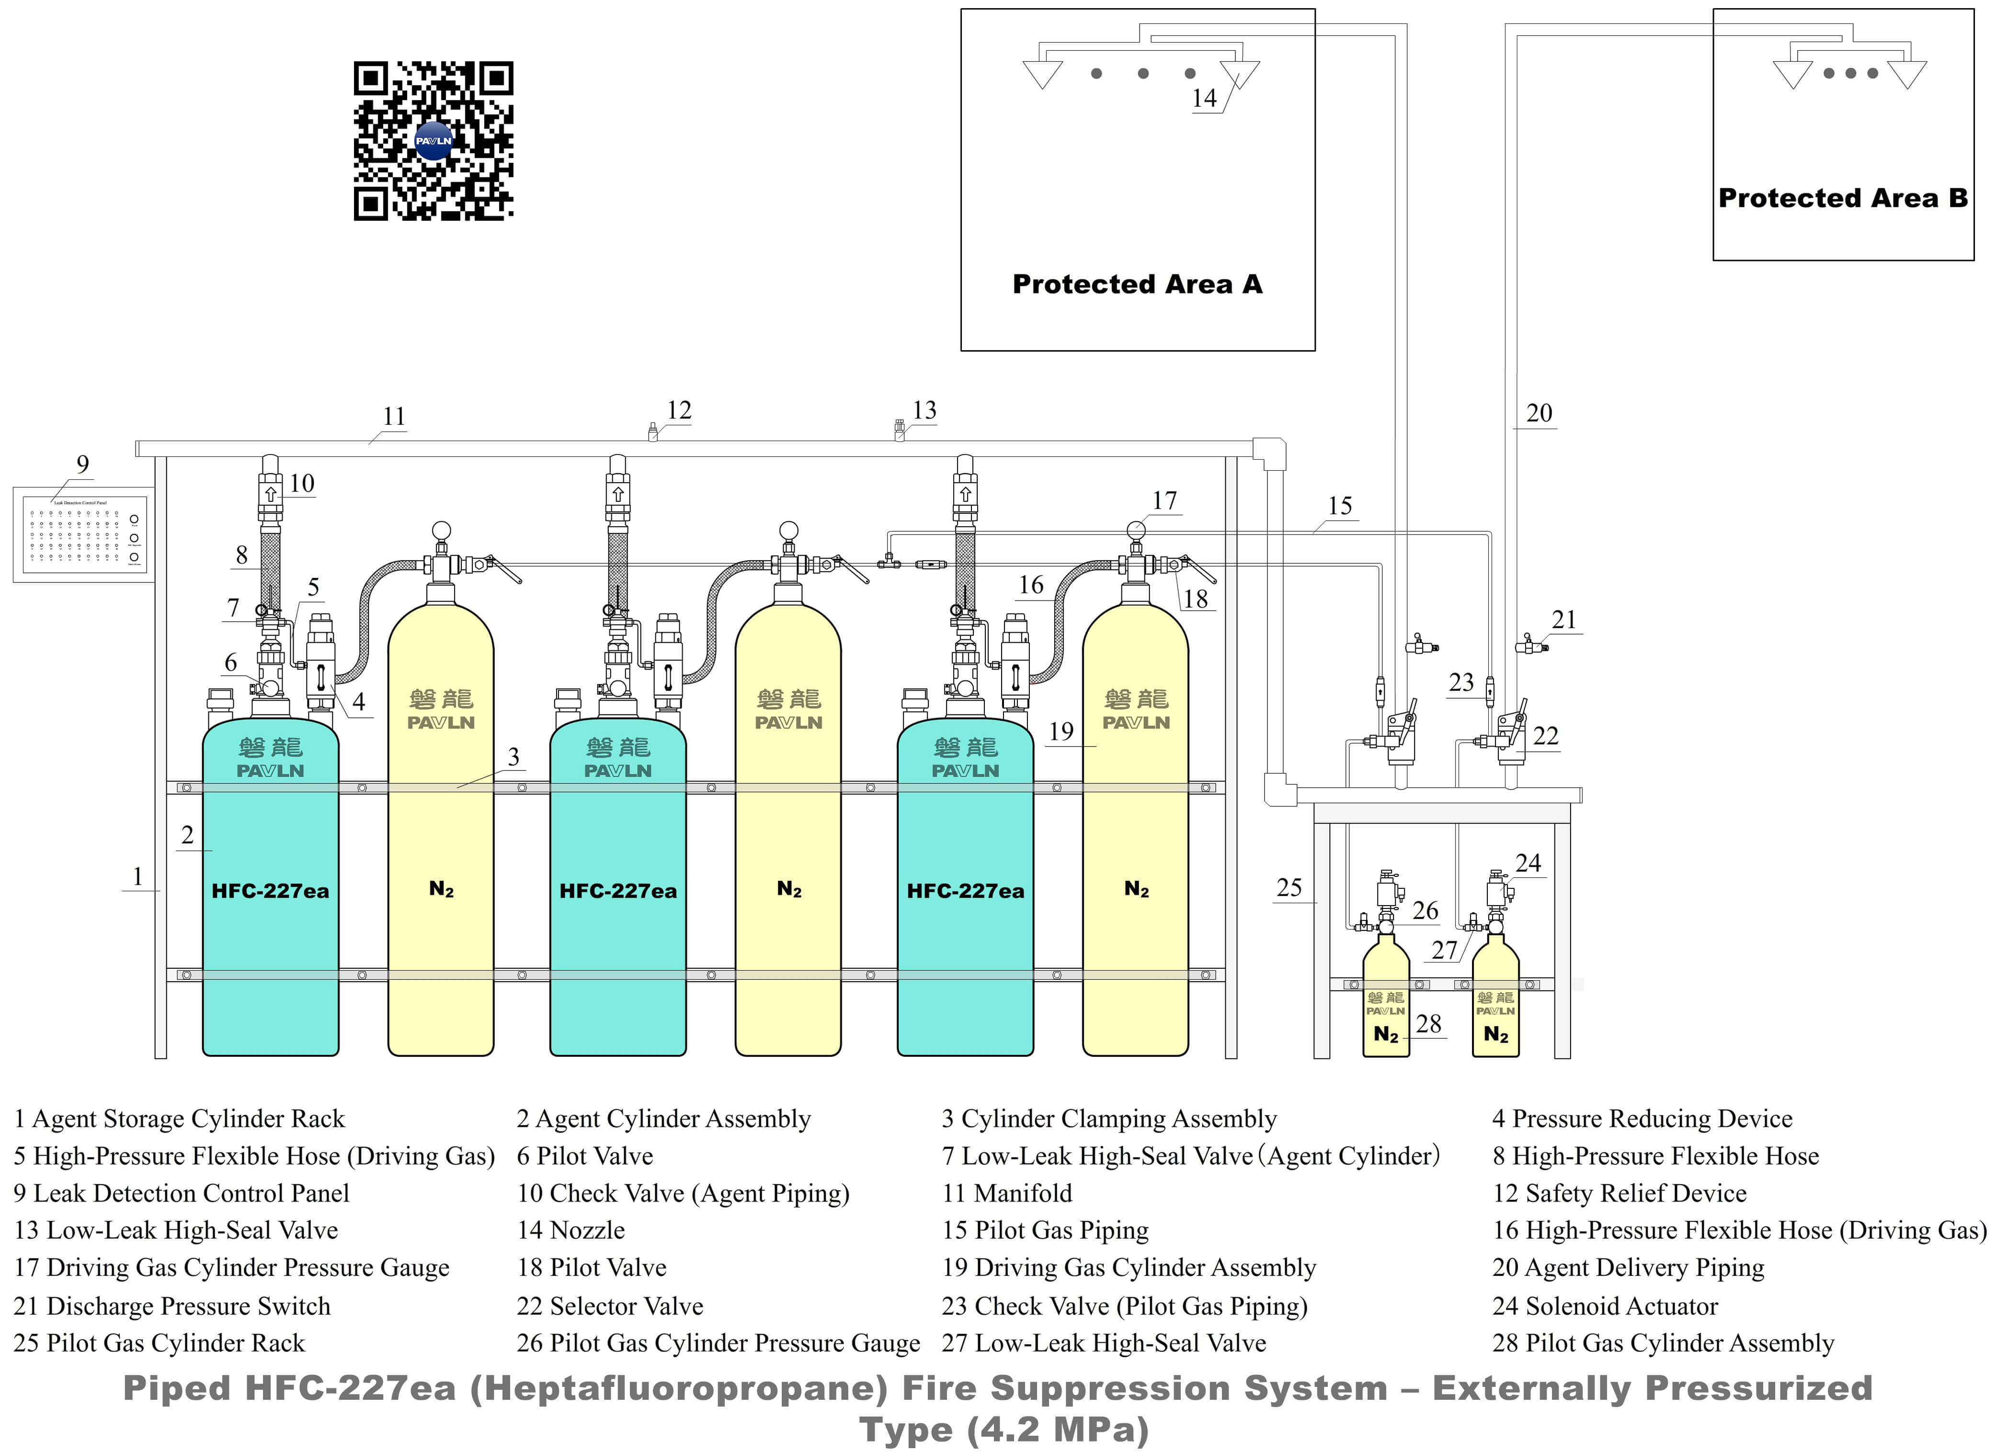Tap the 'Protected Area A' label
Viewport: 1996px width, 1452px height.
(1137, 284)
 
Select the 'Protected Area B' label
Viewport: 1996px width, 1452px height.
(1843, 198)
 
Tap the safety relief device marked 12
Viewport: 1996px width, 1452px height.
(652, 432)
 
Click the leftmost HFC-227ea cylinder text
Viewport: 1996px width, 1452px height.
(270, 891)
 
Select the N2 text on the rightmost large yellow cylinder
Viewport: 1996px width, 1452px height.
(1136, 889)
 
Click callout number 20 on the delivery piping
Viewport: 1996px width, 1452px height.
(1539, 413)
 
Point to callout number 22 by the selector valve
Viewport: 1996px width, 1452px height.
(1545, 736)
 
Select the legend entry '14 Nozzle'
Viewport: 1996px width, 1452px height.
(570, 1230)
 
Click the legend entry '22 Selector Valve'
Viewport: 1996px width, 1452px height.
(610, 1306)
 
